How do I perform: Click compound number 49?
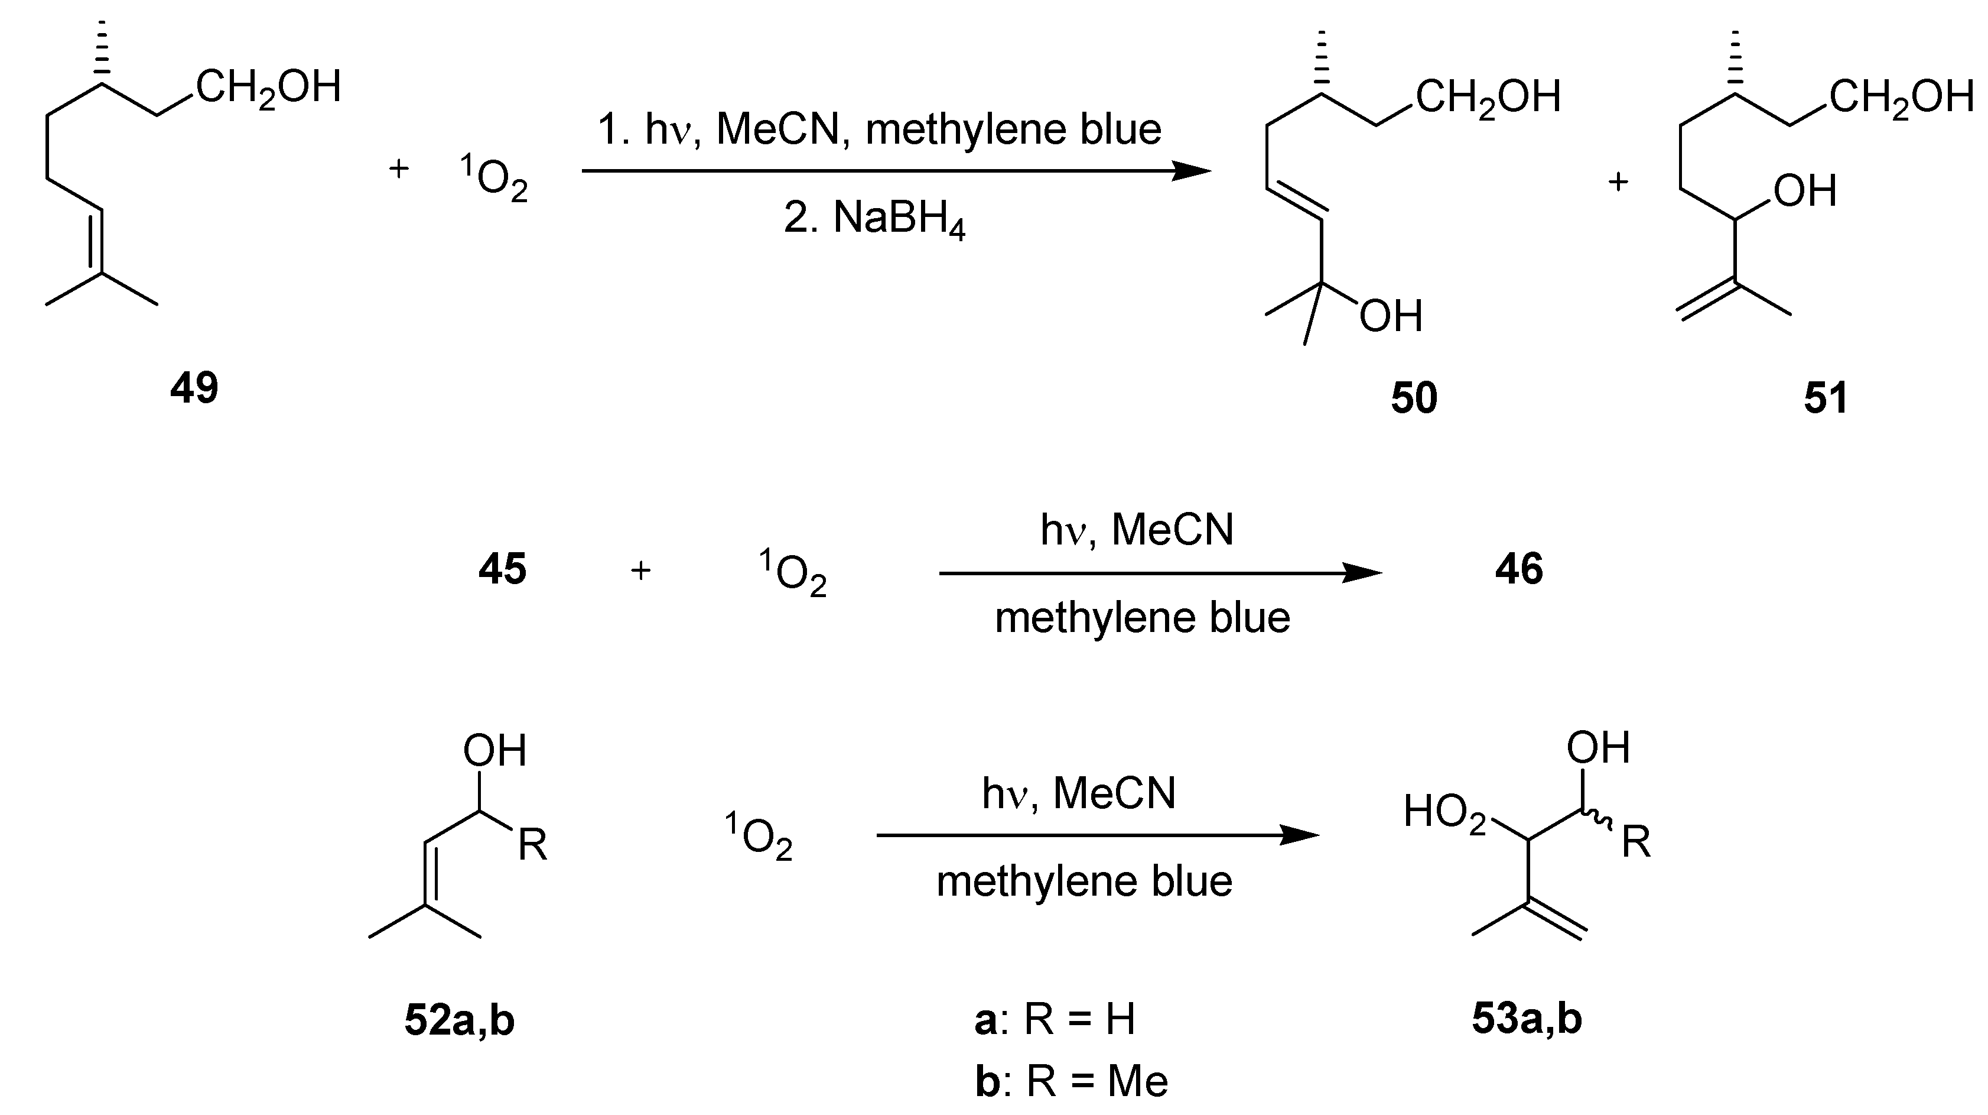point(194,388)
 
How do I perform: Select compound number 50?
point(1414,398)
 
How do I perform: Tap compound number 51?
point(1826,398)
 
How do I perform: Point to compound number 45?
point(502,570)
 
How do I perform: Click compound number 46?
point(1519,570)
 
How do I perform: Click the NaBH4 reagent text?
point(874,220)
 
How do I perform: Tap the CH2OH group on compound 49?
point(268,88)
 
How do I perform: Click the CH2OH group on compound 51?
point(1900,99)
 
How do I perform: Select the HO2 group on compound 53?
point(1444,813)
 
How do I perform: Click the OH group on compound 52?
point(494,751)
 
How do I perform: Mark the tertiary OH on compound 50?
point(1391,316)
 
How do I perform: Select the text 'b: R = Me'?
point(1071,1081)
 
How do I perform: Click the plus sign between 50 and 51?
point(1618,182)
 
